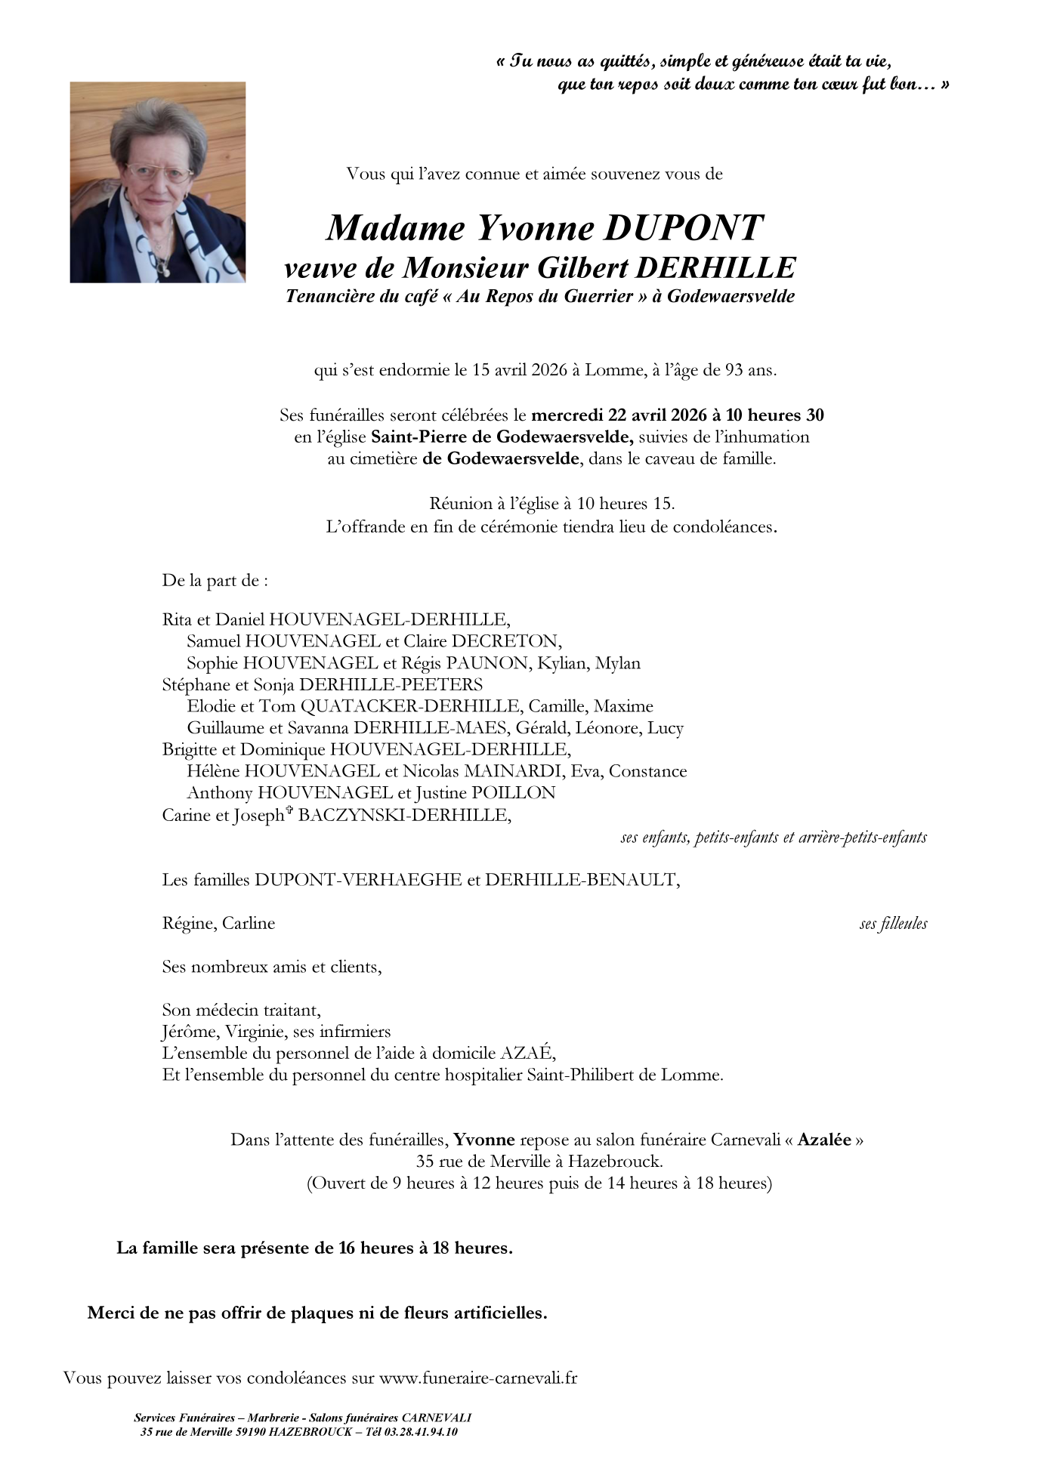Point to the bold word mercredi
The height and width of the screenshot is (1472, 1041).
(x=567, y=415)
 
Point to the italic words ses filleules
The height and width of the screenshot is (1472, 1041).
(x=893, y=924)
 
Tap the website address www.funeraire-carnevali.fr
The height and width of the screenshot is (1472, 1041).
(x=478, y=1377)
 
